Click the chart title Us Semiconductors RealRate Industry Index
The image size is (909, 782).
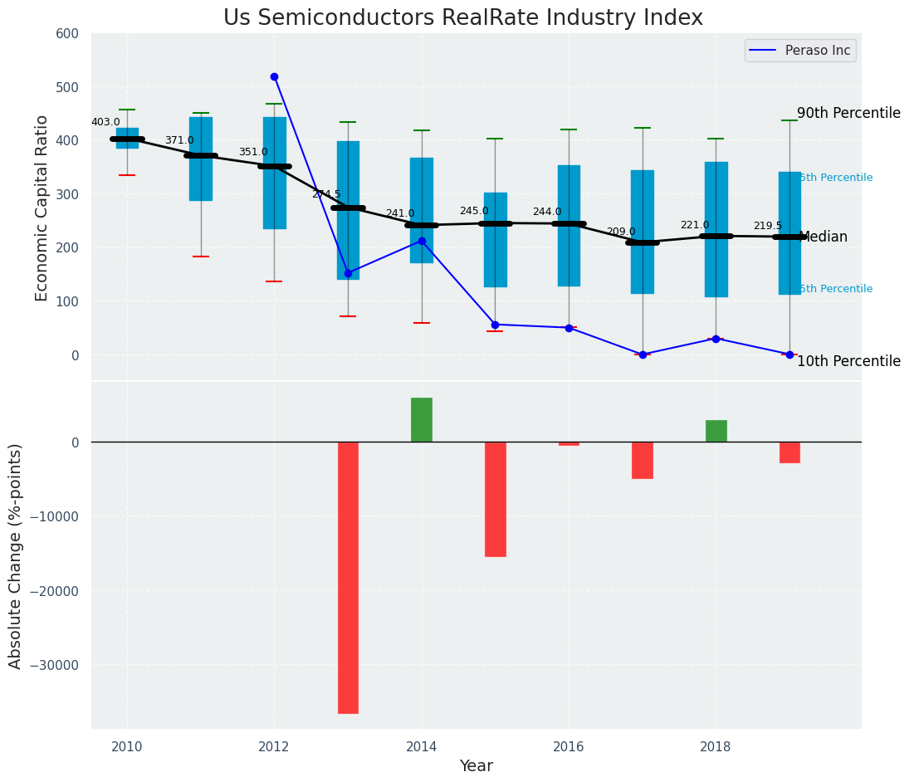point(462,18)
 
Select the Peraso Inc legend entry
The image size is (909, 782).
point(800,51)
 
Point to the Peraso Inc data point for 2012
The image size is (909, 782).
point(274,76)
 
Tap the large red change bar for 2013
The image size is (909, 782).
point(348,577)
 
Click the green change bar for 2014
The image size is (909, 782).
point(422,420)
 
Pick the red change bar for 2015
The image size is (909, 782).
point(496,499)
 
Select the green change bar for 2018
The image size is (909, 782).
point(716,431)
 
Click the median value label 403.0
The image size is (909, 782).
point(105,122)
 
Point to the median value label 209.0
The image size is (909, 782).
point(621,232)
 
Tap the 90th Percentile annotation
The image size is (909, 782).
point(848,113)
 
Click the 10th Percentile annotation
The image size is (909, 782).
point(848,361)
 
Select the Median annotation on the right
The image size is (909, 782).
point(823,237)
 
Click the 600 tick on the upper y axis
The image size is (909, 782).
point(67,34)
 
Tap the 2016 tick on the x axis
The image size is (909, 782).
point(569,746)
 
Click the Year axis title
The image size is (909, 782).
point(476,766)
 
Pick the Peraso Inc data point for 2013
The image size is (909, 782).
point(348,273)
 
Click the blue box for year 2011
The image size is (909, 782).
point(201,159)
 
